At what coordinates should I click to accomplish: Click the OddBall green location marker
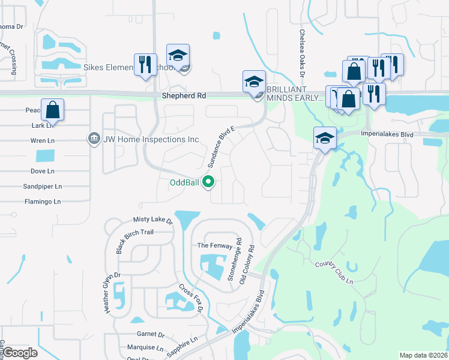[209, 181]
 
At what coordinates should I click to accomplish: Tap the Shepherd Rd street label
[184, 95]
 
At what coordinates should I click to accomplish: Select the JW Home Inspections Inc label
[151, 139]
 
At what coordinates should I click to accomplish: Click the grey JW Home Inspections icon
[94, 139]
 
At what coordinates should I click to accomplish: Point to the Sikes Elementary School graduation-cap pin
[178, 56]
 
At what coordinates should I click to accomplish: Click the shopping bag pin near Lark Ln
[52, 110]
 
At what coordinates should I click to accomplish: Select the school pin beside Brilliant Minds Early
[254, 82]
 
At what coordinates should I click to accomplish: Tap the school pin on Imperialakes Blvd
[324, 138]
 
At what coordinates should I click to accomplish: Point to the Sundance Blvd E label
[220, 146]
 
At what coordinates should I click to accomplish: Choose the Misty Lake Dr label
[152, 221]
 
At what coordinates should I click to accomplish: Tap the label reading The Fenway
[211, 245]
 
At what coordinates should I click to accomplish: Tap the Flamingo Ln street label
[42, 202]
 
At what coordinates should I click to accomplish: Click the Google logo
[20, 353]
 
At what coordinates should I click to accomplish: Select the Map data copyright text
[423, 355]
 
